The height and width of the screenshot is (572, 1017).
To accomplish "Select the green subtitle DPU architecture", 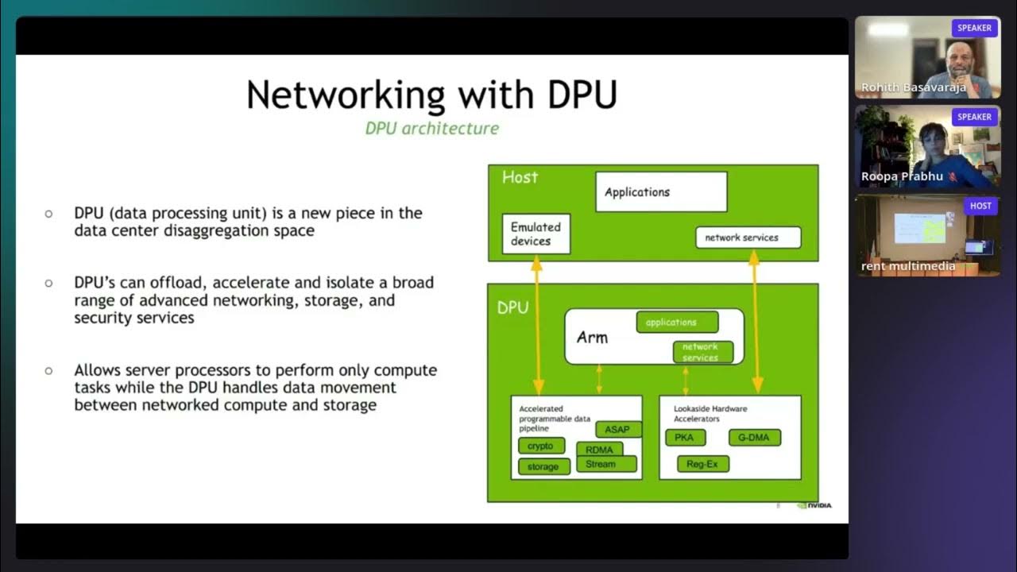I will click(431, 128).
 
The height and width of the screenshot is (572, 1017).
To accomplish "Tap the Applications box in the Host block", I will click(661, 192).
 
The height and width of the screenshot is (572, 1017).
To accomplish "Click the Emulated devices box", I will click(536, 234).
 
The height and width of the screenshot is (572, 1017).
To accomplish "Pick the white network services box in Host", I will click(748, 238).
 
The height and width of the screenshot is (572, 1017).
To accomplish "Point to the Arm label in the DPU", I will click(592, 338).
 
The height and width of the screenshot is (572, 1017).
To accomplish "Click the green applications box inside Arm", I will click(677, 323).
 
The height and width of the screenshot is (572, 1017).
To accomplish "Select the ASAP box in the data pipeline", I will click(617, 430).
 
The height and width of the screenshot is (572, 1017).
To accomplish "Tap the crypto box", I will click(541, 446).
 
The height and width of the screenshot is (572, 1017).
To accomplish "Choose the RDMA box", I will click(599, 450).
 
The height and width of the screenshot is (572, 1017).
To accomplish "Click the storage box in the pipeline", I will click(543, 467).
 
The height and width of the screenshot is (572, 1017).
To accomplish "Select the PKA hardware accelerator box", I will click(684, 438).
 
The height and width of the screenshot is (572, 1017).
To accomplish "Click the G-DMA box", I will click(754, 438).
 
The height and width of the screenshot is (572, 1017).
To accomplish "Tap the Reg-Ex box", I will click(702, 464).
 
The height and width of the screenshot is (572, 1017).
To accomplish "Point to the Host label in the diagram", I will click(520, 177).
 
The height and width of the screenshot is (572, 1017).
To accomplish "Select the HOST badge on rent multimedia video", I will click(980, 206).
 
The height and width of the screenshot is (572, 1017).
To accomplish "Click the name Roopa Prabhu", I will click(900, 177).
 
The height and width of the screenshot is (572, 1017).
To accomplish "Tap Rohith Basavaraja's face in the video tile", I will click(961, 60).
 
